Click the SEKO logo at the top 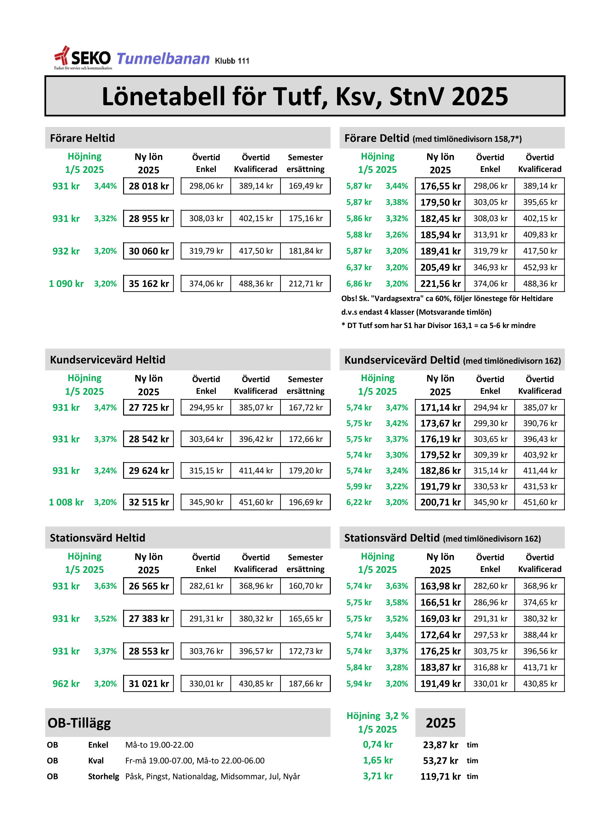tap(82, 58)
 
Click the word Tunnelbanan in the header tap(163, 59)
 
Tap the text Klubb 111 tap(232, 61)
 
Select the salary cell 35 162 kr tap(149, 284)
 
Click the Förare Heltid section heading tap(82, 138)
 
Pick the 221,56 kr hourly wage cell tap(440, 284)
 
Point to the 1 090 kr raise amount tap(66, 284)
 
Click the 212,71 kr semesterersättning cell tap(305, 284)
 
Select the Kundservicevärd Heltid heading tap(107, 360)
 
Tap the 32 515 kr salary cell tap(149, 502)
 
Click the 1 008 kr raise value tap(66, 502)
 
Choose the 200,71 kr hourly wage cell tap(440, 502)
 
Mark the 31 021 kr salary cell tap(149, 683)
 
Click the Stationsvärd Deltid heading tap(392, 538)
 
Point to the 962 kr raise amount tap(66, 683)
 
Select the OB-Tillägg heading tap(79, 723)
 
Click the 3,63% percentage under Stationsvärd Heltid tap(105, 586)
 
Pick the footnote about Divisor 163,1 tap(438, 325)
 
